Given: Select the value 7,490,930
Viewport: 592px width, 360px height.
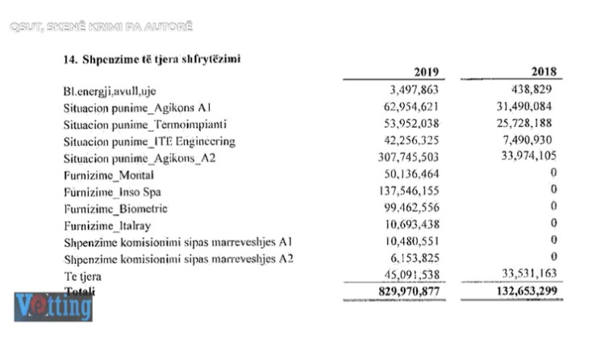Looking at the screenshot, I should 529,141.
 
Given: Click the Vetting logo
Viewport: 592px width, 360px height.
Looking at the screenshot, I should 53,307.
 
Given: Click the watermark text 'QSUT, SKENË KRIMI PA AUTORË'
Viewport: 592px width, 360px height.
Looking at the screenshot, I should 102,27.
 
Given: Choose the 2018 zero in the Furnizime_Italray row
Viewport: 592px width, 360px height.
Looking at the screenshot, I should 554,225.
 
